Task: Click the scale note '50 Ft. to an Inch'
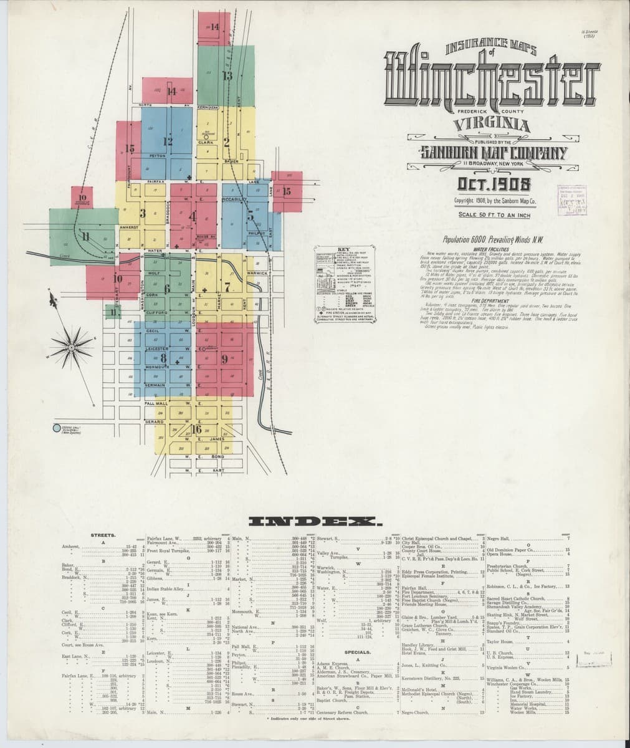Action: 494,215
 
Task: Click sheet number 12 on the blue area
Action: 167,141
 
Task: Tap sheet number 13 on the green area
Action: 227,76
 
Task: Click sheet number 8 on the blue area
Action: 164,358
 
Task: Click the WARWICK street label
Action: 257,274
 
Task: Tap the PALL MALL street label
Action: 154,404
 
